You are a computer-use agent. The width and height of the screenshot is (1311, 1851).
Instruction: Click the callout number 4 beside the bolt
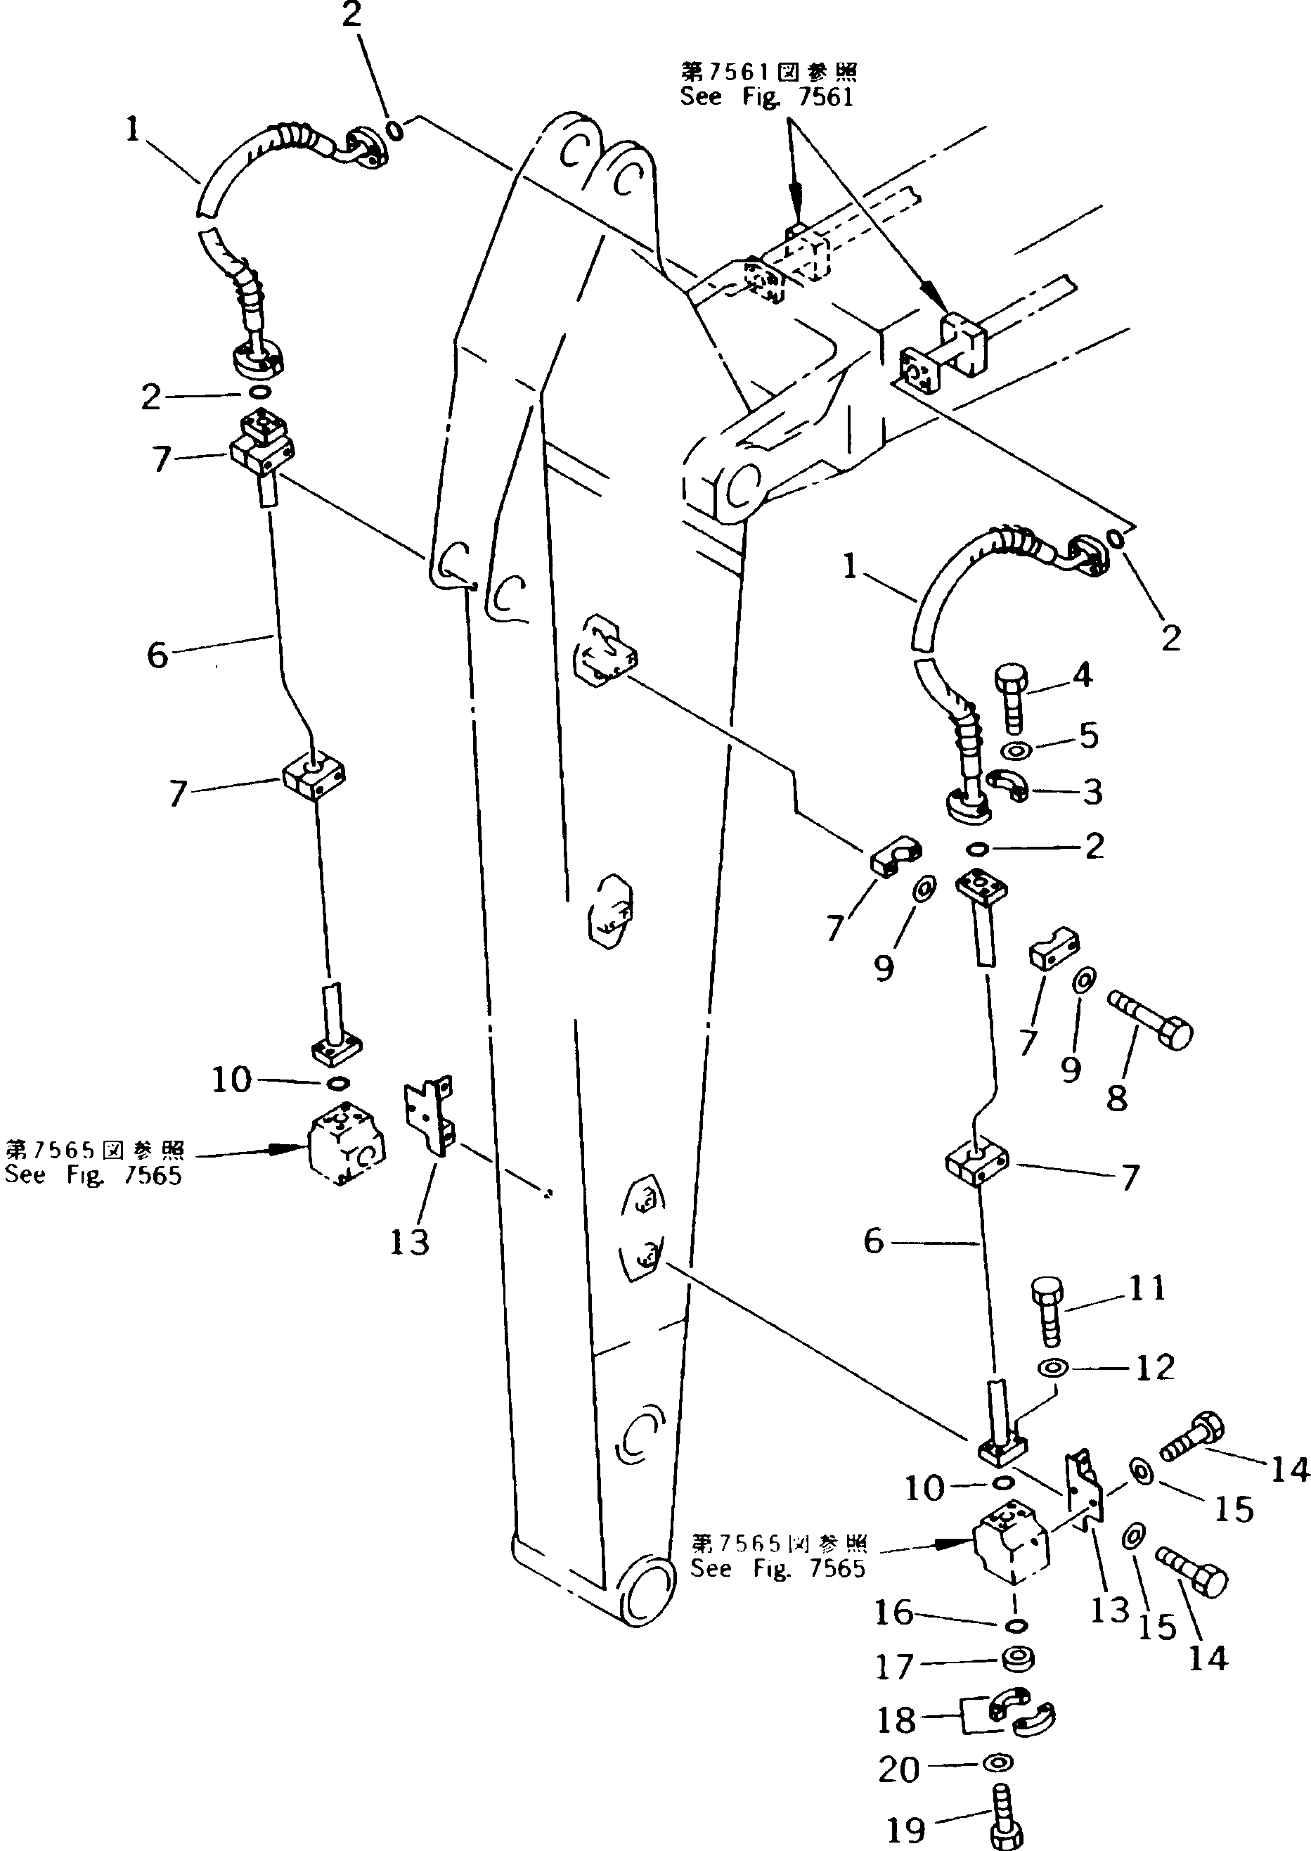click(1083, 675)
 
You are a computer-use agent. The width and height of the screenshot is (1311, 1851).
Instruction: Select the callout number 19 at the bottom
click(906, 1829)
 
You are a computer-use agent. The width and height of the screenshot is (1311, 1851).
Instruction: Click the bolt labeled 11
click(1048, 1311)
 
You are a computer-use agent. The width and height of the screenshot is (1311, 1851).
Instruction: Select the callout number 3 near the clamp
click(1092, 793)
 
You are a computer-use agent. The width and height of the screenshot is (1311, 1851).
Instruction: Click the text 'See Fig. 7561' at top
click(766, 98)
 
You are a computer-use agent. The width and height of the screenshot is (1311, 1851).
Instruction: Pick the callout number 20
click(898, 1769)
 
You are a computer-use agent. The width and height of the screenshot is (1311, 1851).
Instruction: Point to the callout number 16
click(893, 1613)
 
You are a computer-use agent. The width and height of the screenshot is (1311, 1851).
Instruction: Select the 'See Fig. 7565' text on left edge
click(93, 1175)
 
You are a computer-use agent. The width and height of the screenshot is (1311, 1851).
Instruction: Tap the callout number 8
click(1116, 1098)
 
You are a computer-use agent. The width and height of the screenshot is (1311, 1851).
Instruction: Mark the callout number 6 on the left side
click(158, 654)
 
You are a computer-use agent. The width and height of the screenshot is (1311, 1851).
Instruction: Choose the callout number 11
click(1147, 1287)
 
